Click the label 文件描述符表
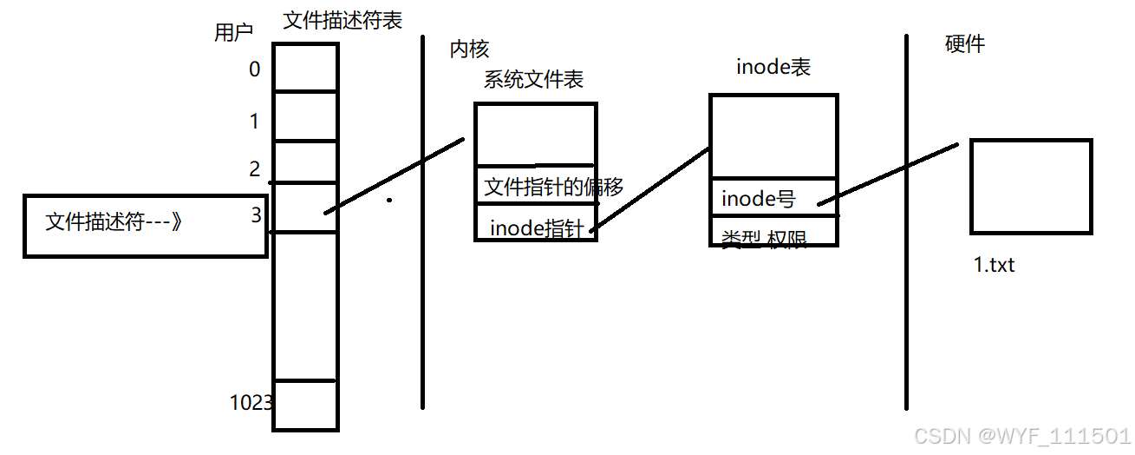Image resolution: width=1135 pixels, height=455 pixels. [x=342, y=21]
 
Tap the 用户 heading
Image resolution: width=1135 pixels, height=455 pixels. [x=233, y=33]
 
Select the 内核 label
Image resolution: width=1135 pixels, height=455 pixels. [x=469, y=49]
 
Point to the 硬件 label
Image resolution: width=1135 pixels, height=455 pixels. [x=964, y=44]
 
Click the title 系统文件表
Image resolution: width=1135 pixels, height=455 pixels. [x=533, y=80]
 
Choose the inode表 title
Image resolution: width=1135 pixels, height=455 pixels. [x=773, y=67]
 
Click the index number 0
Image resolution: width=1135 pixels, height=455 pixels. [x=254, y=69]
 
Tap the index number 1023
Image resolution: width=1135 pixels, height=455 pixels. [x=251, y=402]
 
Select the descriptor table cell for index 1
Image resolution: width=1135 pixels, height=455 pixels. [x=304, y=115]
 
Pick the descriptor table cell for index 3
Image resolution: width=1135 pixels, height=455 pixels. [x=304, y=207]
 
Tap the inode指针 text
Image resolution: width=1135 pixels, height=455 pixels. [x=537, y=227]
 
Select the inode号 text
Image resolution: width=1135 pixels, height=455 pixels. [x=759, y=199]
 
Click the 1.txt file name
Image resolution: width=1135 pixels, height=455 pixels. [x=994, y=265]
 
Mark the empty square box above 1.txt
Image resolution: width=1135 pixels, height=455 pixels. [x=1030, y=186]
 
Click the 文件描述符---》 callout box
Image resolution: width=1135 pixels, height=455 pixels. [x=144, y=225]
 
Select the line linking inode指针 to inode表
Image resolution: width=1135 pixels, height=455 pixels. [x=650, y=189]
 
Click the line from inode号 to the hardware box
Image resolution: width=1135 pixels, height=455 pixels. [x=889, y=174]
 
